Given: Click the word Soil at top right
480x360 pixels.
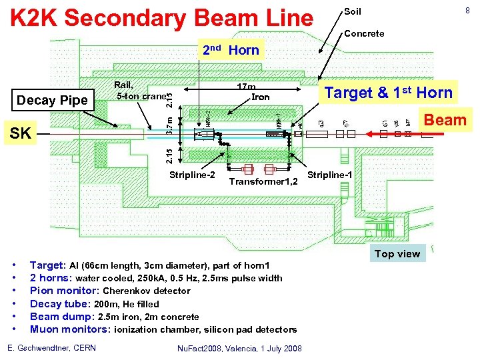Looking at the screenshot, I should (352, 12).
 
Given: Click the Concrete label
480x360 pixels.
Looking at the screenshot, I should (363, 33).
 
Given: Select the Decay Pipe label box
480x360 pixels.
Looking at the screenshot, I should (52, 101).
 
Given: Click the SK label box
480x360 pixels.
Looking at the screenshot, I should (20, 133).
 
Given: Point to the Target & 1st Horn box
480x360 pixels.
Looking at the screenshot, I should (388, 93).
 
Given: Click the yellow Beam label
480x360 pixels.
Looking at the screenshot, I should (445, 120).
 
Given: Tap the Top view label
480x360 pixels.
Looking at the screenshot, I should (397, 253).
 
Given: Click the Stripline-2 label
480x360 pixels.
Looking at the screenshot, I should (192, 175).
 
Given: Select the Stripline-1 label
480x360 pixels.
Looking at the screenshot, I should (331, 175).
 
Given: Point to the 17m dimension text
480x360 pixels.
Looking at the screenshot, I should (247, 87).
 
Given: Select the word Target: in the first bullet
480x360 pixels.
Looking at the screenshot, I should (48, 265).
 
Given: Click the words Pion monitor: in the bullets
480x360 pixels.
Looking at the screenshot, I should (64, 291).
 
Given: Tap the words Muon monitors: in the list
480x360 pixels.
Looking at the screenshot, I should (70, 329).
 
